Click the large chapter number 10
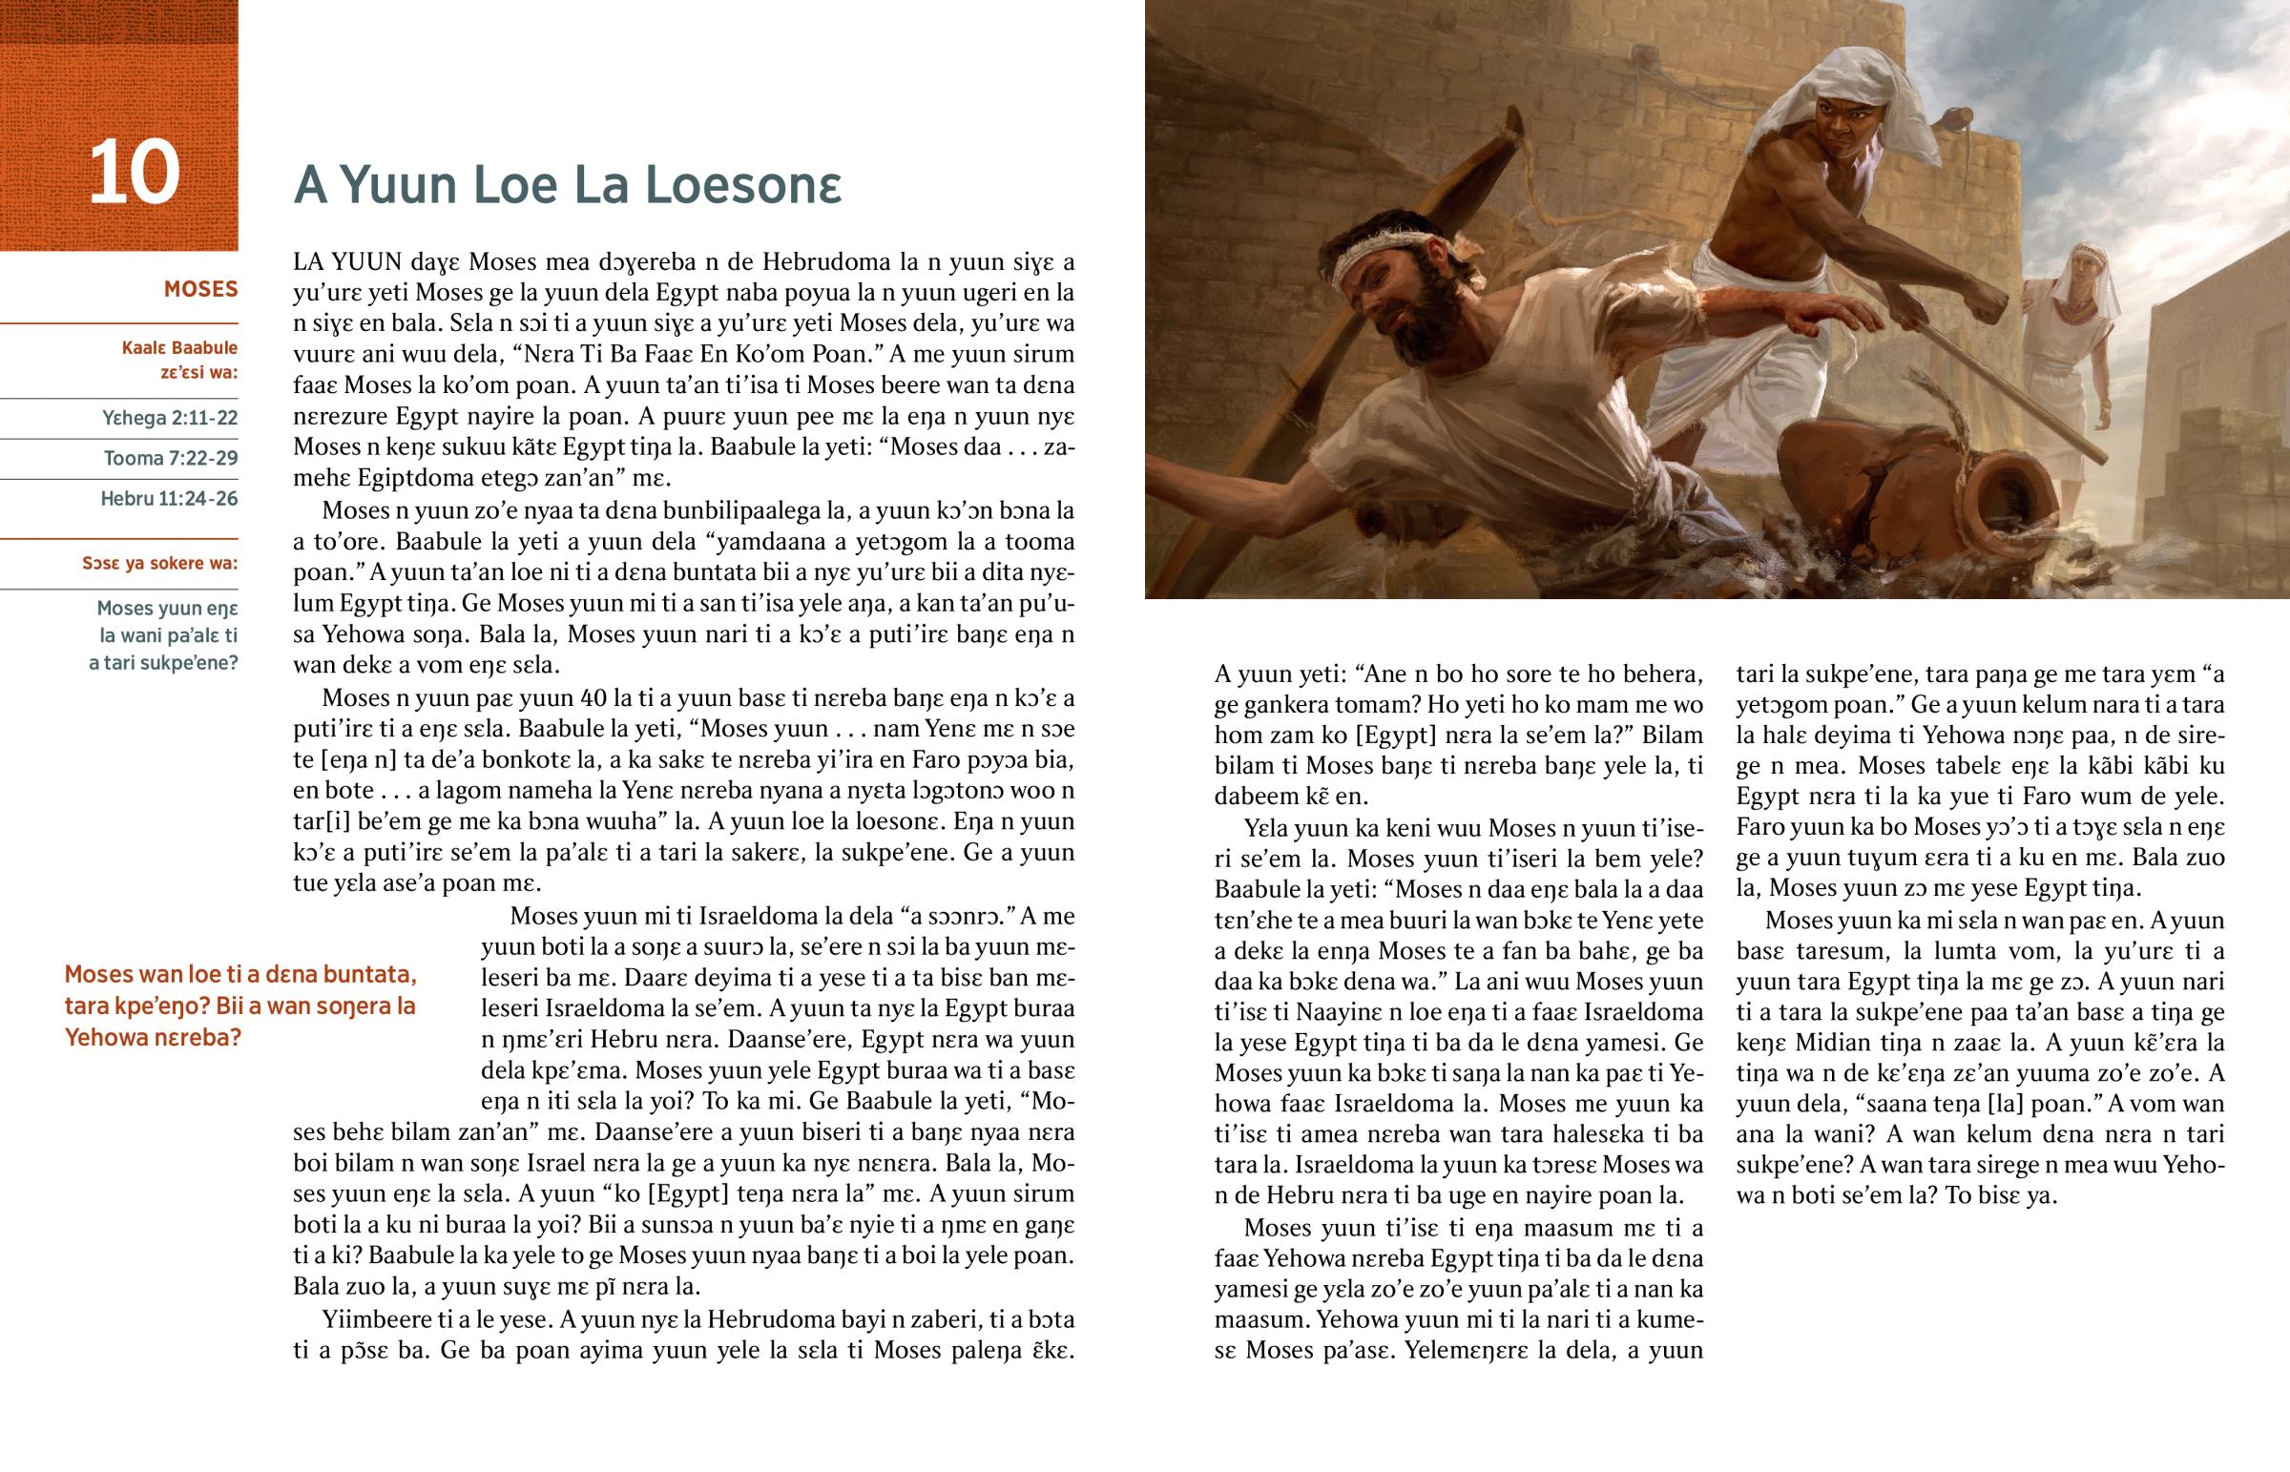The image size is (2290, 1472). pyautogui.click(x=134, y=173)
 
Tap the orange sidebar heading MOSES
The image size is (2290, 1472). pyautogui.click(x=200, y=290)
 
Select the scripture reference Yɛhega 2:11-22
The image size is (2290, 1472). pyautogui.click(x=170, y=418)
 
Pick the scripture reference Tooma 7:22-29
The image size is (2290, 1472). pyautogui.click(x=171, y=458)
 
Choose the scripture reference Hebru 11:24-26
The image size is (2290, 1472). pyautogui.click(x=169, y=498)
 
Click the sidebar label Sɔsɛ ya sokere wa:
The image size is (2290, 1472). pyautogui.click(x=159, y=563)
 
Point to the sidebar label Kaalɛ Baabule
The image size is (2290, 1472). pyautogui.click(x=179, y=348)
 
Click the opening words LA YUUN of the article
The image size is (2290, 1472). pyautogui.click(x=348, y=262)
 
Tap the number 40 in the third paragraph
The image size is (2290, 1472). pyautogui.click(x=593, y=697)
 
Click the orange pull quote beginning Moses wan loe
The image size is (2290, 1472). pyautogui.click(x=239, y=1006)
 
